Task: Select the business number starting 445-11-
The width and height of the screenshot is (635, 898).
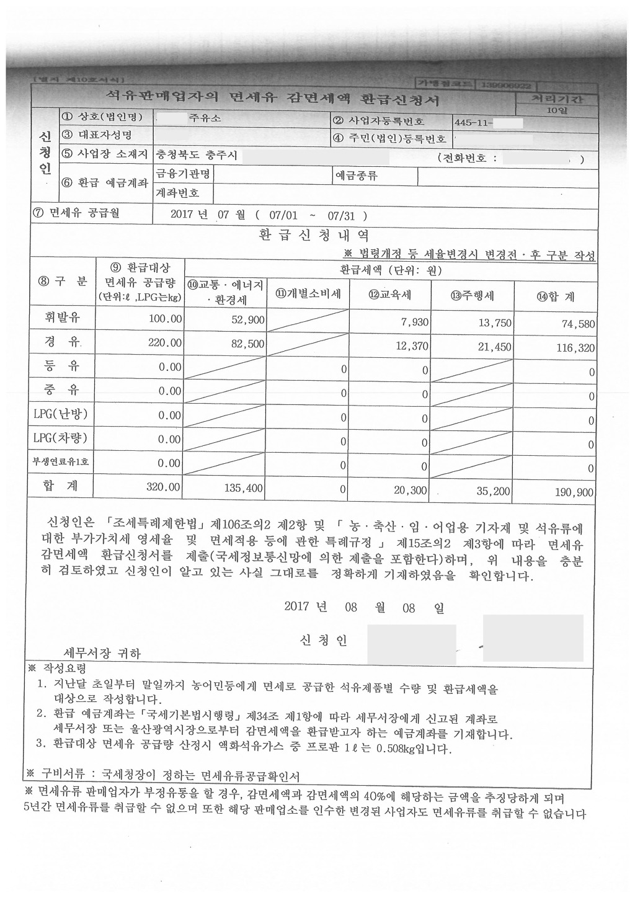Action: pos(474,123)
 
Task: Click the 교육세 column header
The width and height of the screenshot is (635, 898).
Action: pos(390,295)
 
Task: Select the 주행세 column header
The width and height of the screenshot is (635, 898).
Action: pos(473,296)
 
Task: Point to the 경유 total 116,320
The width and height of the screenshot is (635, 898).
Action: pos(575,348)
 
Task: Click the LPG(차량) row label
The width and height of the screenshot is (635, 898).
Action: pos(60,438)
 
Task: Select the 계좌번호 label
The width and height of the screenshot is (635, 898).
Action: pos(177,193)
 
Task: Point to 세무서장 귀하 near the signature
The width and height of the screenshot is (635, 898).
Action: pos(102,653)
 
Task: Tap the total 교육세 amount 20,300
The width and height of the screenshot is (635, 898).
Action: pos(411,491)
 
